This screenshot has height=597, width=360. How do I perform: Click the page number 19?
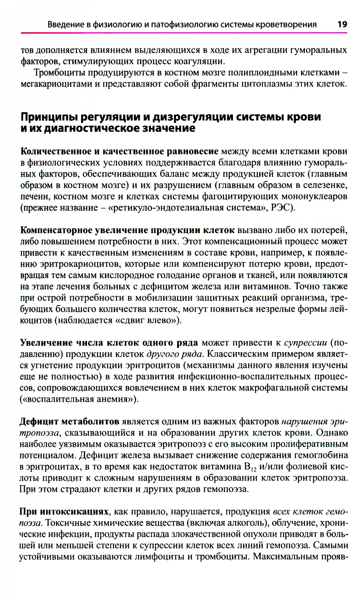click(x=342, y=24)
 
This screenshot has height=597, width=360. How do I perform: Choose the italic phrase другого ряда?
click(x=175, y=354)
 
